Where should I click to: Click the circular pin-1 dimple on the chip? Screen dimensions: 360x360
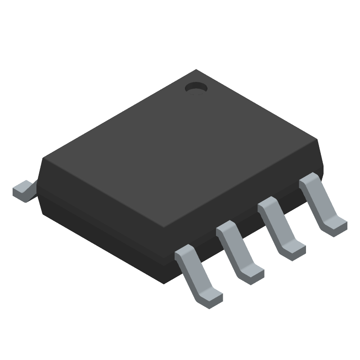[196, 89]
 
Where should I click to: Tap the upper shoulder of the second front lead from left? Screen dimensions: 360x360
[227, 229]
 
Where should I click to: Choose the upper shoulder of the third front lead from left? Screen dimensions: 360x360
[268, 205]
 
